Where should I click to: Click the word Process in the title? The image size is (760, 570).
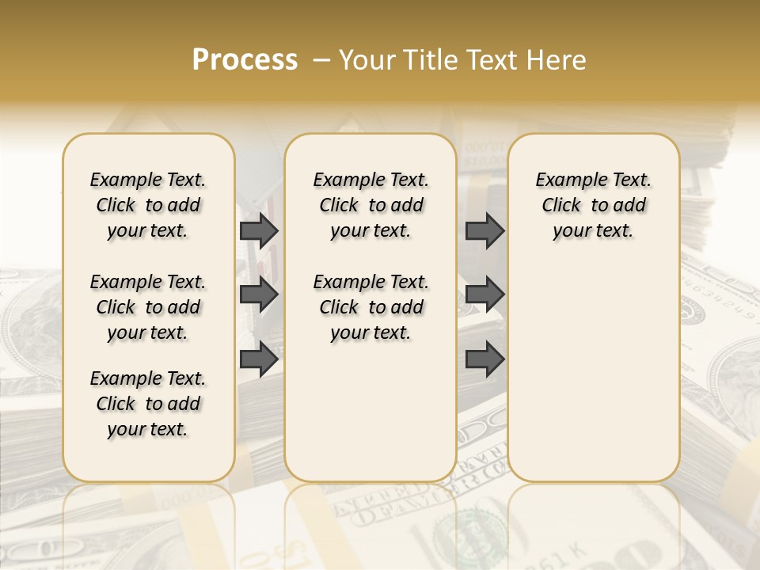click(245, 60)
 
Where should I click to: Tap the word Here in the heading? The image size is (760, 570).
click(557, 60)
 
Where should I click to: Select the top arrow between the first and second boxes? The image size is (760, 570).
click(259, 230)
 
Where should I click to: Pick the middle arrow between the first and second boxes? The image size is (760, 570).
click(259, 294)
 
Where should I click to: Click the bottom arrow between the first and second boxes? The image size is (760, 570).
click(259, 359)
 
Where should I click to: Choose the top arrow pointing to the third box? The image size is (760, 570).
click(484, 230)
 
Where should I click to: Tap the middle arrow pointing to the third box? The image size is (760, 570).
click(484, 294)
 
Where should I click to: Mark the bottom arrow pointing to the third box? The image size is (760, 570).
click(484, 359)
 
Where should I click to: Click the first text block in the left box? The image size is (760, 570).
click(148, 205)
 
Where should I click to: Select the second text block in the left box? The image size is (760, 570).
click(148, 307)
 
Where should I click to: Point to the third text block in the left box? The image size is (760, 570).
click(148, 404)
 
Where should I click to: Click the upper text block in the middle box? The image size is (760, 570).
click(370, 205)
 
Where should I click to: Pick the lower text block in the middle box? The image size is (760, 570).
click(370, 307)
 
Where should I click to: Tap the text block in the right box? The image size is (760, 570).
click(594, 205)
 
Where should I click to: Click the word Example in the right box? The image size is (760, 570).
click(566, 180)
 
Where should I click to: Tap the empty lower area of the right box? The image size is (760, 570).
click(594, 372)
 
